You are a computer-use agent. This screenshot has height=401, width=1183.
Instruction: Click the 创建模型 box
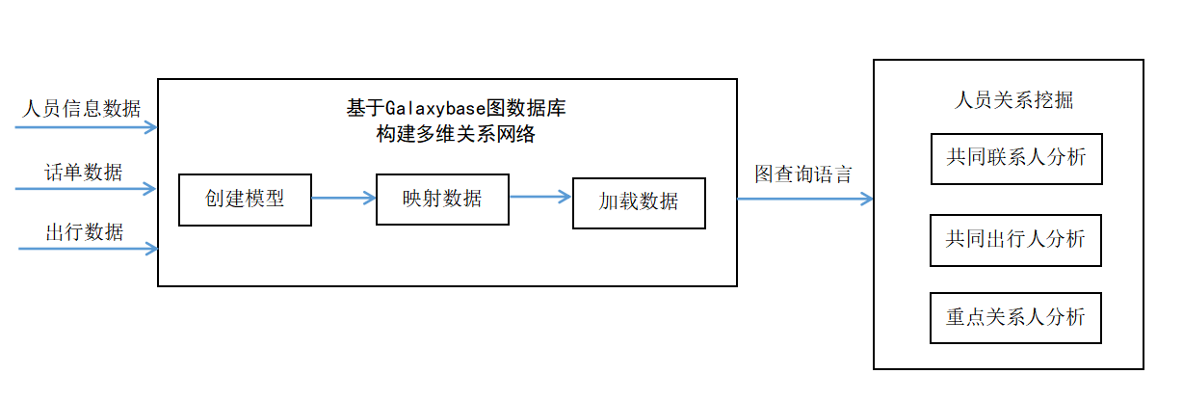[245, 200]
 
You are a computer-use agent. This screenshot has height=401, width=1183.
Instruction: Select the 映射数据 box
[441, 199]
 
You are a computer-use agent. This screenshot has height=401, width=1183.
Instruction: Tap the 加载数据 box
[639, 202]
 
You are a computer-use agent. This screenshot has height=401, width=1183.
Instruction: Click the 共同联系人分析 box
[1015, 158]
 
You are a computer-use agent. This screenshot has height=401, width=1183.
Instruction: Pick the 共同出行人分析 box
[1015, 240]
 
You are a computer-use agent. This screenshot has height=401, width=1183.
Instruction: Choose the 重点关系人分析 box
[1015, 317]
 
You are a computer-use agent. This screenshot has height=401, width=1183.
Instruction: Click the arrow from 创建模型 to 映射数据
[343, 199]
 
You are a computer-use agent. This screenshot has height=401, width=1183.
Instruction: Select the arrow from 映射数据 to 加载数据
[540, 198]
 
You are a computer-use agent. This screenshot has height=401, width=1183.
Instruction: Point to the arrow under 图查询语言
[804, 199]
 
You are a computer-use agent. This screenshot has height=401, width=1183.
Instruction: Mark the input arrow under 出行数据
[87, 249]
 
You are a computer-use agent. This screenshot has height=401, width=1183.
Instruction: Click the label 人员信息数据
[82, 108]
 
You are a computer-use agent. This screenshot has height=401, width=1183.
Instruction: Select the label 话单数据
[84, 172]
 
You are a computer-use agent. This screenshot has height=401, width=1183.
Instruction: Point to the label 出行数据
[84, 231]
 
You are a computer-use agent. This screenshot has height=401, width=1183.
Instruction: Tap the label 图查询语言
[802, 174]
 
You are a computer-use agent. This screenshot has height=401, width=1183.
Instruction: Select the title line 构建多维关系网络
[456, 134]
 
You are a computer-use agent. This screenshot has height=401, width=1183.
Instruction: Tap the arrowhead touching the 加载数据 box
[566, 198]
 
